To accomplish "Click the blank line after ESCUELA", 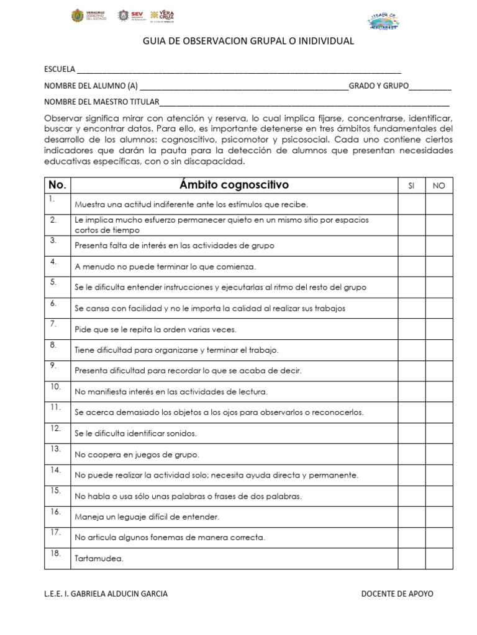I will [238, 69].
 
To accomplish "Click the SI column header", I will [411, 185].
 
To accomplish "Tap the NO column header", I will [439, 185].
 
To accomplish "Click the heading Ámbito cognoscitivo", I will [234, 185].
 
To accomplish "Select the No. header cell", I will [57, 185].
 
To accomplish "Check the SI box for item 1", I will [411, 203].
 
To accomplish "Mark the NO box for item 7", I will [439, 329].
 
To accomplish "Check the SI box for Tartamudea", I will [411, 558].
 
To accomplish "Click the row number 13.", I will [55, 448].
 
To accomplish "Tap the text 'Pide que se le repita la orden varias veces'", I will [155, 329].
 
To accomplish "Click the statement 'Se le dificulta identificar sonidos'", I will [135, 433].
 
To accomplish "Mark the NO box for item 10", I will [439, 391].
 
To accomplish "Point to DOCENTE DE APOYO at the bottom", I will [397, 594].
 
